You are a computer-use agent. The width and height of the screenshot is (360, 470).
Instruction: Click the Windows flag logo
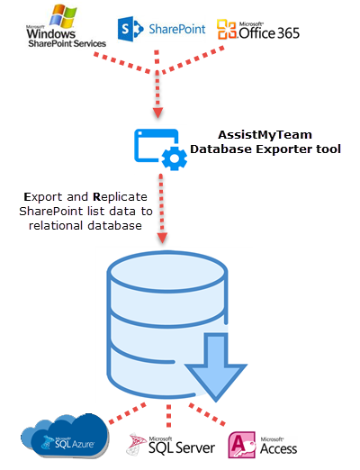pyautogui.click(x=70, y=16)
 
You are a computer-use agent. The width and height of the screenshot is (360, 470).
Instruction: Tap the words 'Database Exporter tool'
pyautogui.click(x=266, y=149)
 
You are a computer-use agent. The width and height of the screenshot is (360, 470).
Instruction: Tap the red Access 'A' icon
pyautogui.click(x=242, y=444)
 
